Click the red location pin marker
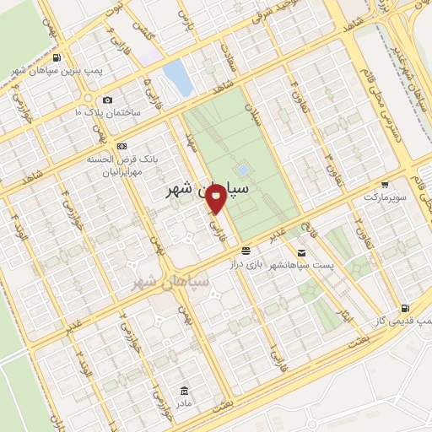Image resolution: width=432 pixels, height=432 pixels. (x=217, y=196)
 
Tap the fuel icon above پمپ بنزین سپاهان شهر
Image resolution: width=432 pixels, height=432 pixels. (x=57, y=58)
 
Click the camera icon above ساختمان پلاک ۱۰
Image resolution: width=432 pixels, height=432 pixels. (x=107, y=100)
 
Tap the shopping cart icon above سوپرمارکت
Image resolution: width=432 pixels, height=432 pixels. (x=385, y=184)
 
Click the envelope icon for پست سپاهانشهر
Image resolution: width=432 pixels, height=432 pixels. (x=301, y=251)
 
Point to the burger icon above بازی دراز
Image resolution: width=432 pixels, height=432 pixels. (x=246, y=251)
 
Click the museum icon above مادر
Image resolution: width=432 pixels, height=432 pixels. (x=185, y=390)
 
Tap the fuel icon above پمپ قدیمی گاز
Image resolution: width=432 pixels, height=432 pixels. (x=406, y=308)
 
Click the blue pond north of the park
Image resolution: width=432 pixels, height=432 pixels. (x=177, y=77)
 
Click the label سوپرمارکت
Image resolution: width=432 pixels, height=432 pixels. (x=385, y=197)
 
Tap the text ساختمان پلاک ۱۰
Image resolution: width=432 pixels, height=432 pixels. (x=107, y=112)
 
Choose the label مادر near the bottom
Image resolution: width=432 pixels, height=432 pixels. (x=185, y=402)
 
